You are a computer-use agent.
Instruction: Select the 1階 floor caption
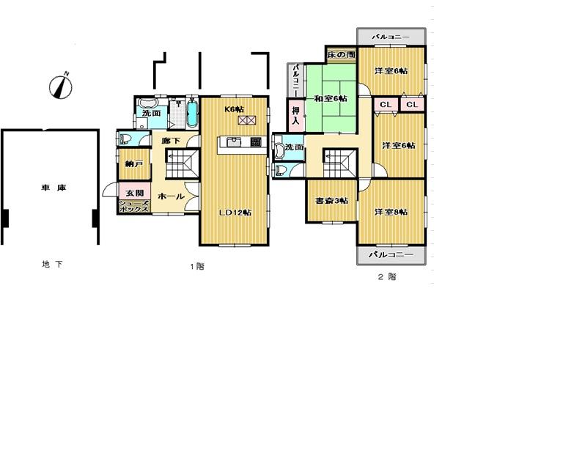click(x=196, y=267)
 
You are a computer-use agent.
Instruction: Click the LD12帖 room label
click(x=235, y=213)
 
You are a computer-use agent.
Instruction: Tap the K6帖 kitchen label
click(x=234, y=109)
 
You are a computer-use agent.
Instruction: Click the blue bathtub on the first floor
click(x=192, y=114)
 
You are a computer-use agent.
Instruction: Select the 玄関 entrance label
click(x=133, y=193)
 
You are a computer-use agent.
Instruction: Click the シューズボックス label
click(x=134, y=206)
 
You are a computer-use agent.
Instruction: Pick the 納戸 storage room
click(x=133, y=164)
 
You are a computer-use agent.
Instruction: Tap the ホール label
click(x=171, y=196)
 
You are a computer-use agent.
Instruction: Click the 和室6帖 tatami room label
click(x=331, y=98)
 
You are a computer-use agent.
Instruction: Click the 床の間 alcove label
click(x=342, y=55)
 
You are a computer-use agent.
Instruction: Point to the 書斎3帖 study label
click(x=331, y=201)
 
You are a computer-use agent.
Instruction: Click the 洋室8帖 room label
click(x=391, y=212)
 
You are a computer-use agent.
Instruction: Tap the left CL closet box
click(x=386, y=106)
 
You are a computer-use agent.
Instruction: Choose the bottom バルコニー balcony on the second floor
click(x=391, y=255)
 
